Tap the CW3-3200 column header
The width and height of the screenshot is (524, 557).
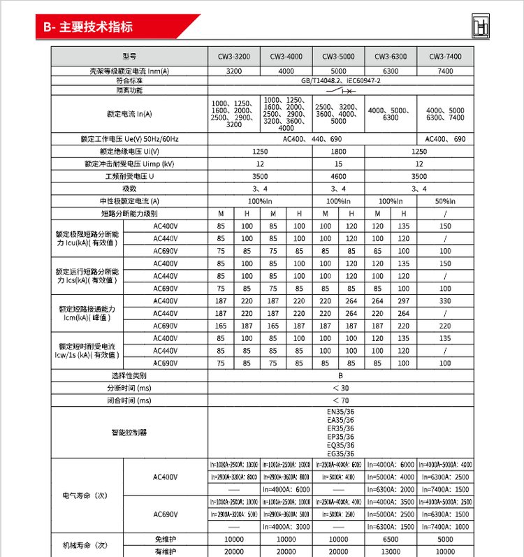tap(234, 56)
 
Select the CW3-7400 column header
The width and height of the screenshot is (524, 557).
tap(446, 56)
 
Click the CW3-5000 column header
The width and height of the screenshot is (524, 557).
tap(338, 56)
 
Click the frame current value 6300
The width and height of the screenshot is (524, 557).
tap(391, 71)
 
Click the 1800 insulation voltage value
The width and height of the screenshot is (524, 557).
tap(338, 152)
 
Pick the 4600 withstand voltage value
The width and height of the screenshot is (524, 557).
tap(338, 177)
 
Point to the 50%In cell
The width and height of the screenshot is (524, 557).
tap(446, 201)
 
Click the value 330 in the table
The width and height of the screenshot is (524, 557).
tap(446, 301)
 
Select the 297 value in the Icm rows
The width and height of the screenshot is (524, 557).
tap(404, 301)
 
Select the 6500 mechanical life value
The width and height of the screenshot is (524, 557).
tap(391, 540)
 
